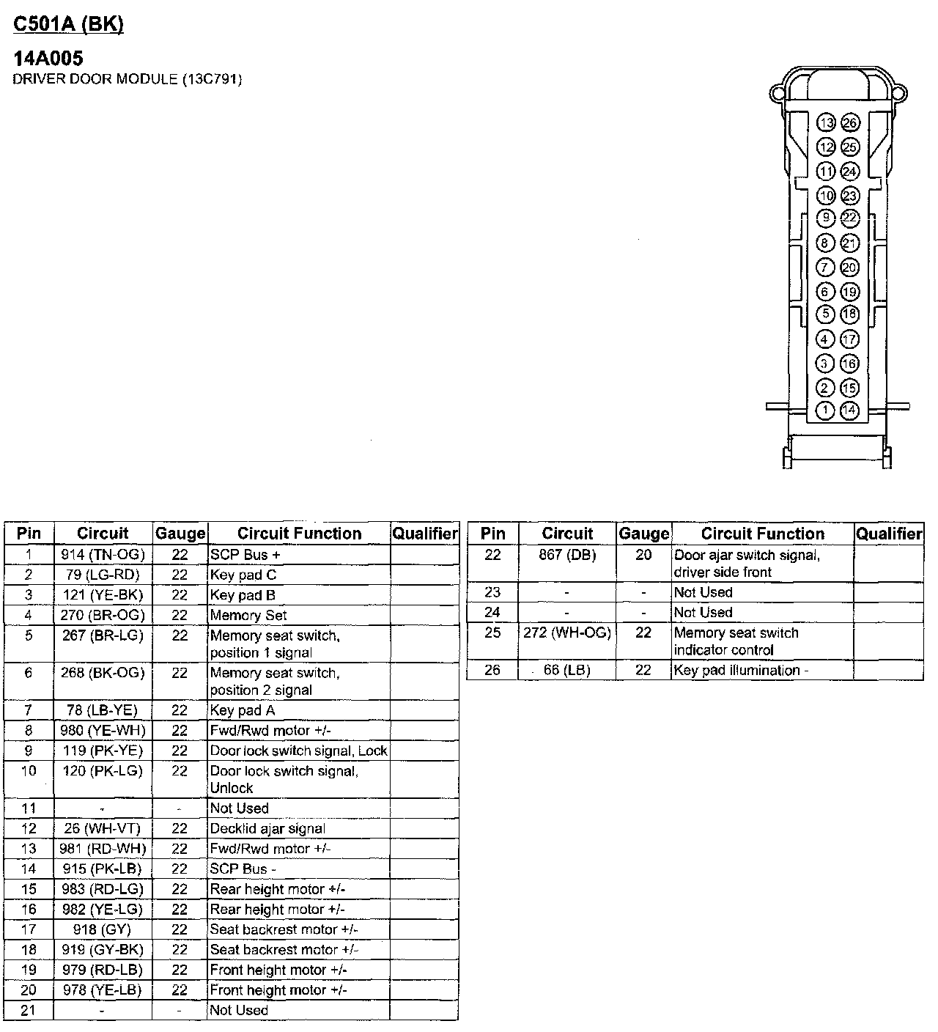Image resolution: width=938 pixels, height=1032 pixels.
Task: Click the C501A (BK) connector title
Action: (x=68, y=24)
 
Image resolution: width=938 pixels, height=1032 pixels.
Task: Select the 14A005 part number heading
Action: (x=48, y=59)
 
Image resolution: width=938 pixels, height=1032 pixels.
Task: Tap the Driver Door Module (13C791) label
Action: (x=127, y=78)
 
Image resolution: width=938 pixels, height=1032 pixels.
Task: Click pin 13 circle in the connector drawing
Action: (x=826, y=123)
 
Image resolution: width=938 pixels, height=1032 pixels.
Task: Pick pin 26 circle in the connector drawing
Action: (x=849, y=123)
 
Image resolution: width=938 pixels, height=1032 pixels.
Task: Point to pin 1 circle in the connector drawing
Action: (x=826, y=410)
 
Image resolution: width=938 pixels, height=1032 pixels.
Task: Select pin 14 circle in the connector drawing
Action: (x=849, y=410)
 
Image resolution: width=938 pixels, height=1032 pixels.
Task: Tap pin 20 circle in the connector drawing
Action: (x=849, y=268)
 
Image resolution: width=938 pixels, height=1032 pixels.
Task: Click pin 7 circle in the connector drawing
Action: (x=826, y=268)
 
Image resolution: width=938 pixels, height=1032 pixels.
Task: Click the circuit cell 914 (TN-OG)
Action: (x=103, y=555)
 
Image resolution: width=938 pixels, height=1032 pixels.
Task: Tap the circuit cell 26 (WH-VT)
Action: (x=103, y=829)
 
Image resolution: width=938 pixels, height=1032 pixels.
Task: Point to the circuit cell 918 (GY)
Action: (x=103, y=929)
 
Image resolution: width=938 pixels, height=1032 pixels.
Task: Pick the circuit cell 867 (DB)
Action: (x=567, y=556)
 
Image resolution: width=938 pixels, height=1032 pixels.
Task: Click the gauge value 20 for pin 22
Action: (x=643, y=556)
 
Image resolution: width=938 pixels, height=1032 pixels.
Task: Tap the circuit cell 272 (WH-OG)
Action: (x=567, y=633)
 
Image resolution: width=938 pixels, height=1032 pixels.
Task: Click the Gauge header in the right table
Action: (x=643, y=534)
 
